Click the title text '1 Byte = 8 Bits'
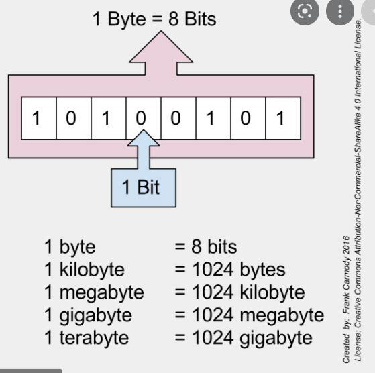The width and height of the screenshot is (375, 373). (154, 19)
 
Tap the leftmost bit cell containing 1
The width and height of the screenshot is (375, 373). (38, 119)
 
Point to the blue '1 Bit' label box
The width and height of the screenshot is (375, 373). (141, 186)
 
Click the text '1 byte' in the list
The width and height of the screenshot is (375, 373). (70, 247)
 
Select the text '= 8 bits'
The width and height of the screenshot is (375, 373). (205, 247)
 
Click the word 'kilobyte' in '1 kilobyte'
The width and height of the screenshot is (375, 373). (91, 270)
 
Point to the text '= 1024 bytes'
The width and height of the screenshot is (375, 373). (229, 270)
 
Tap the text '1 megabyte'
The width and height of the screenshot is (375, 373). (94, 292)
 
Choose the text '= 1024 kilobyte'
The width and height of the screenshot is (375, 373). (239, 292)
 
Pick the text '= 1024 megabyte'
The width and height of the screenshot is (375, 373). (249, 315)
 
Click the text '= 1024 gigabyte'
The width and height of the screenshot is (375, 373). (244, 337)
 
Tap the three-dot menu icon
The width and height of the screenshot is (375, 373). (339, 11)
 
